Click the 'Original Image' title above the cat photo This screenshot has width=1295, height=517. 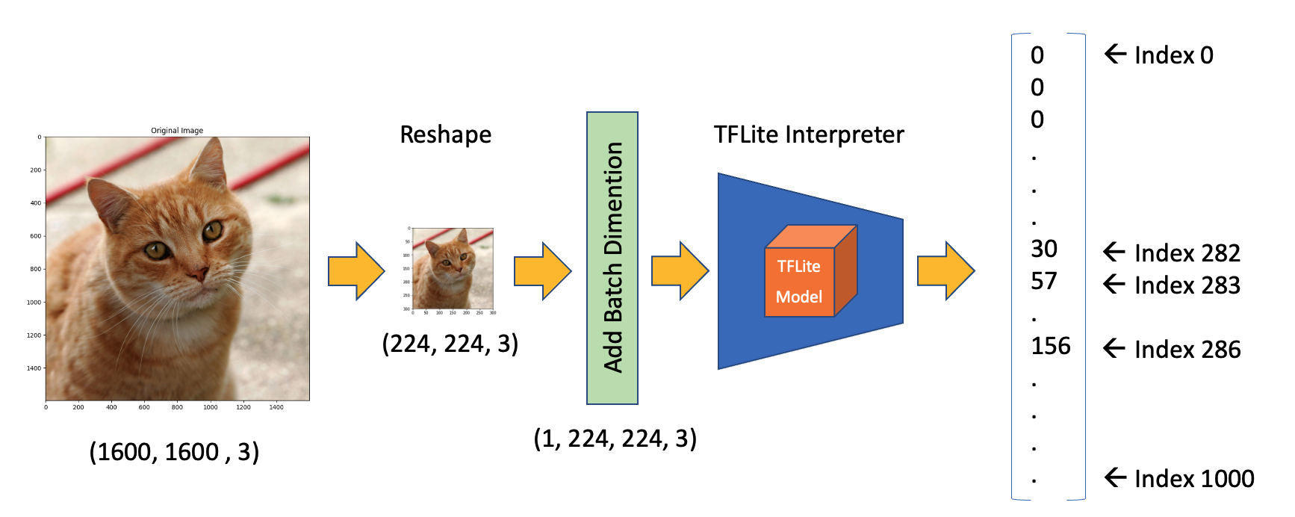pos(177,130)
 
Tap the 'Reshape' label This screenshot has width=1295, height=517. pos(446,135)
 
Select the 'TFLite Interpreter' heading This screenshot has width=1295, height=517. pos(809,135)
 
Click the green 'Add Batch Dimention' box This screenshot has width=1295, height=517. pos(612,258)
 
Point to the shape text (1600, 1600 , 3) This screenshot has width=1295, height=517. pos(174,452)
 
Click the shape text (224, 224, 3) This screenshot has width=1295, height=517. pos(450,344)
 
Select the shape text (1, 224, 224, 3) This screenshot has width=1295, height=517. pos(615,439)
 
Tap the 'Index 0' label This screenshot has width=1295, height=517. pos(1173,55)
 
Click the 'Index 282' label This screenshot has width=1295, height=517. pos(1186,253)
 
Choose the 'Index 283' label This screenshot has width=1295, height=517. pos(1186,285)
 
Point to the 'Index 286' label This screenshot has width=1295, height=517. pos(1186,350)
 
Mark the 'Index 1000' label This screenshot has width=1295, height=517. pos(1193,479)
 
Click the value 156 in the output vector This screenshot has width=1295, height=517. pos(1051,346)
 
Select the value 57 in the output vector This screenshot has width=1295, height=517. pos(1044,282)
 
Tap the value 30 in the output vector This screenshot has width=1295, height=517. pos(1044,249)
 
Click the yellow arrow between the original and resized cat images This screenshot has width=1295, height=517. pos(356,271)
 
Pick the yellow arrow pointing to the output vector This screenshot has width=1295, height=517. pos(945,270)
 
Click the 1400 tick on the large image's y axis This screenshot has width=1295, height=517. pos(34,368)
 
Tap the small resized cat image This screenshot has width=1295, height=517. pos(453,268)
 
